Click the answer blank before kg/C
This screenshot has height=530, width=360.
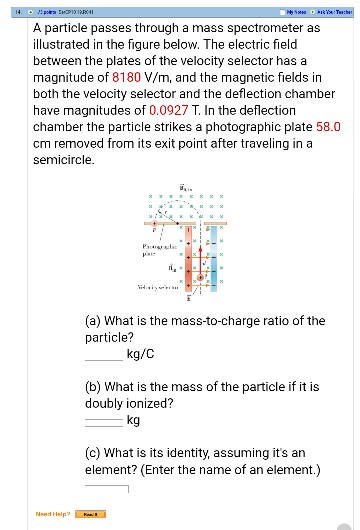105,354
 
